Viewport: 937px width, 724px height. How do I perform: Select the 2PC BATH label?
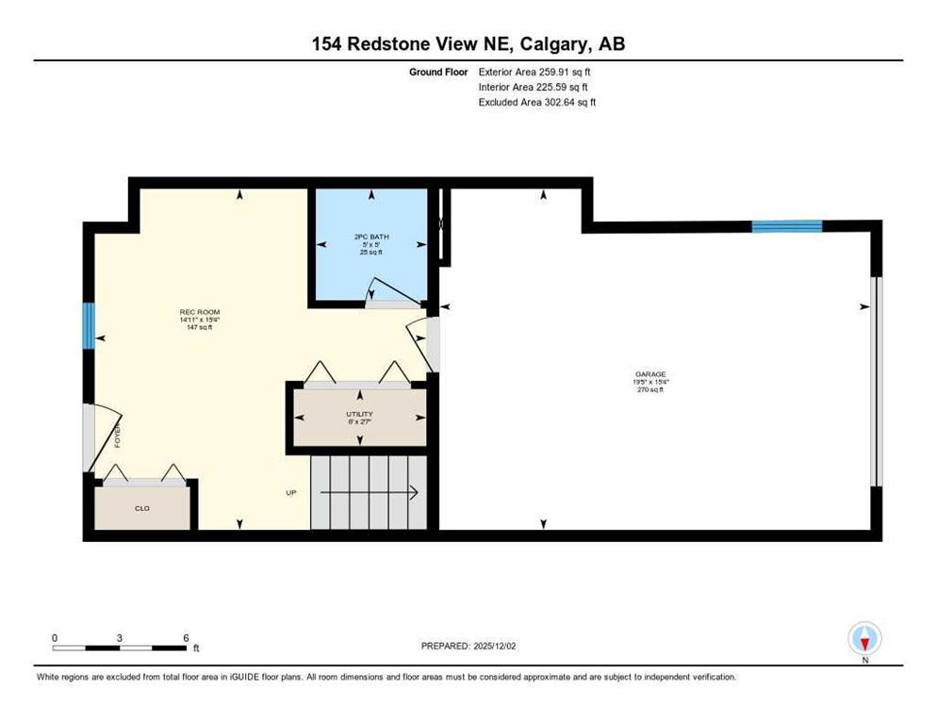pos(371,238)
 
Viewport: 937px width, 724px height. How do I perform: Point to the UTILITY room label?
pos(359,414)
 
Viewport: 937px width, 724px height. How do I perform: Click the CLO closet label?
pos(142,508)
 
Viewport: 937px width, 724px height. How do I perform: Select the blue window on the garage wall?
pos(786,226)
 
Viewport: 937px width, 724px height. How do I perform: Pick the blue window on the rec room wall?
pos(88,325)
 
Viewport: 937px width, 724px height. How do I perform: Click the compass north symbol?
pos(864,640)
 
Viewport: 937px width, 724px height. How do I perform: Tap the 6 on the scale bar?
pos(186,637)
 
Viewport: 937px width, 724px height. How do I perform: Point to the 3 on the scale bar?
pos(120,637)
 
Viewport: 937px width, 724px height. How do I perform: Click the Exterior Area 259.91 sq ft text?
pos(535,71)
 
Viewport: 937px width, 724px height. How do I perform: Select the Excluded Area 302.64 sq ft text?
pos(537,102)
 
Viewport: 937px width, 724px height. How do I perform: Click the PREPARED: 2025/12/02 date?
pos(477,646)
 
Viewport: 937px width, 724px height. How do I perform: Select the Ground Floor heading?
pos(438,71)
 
